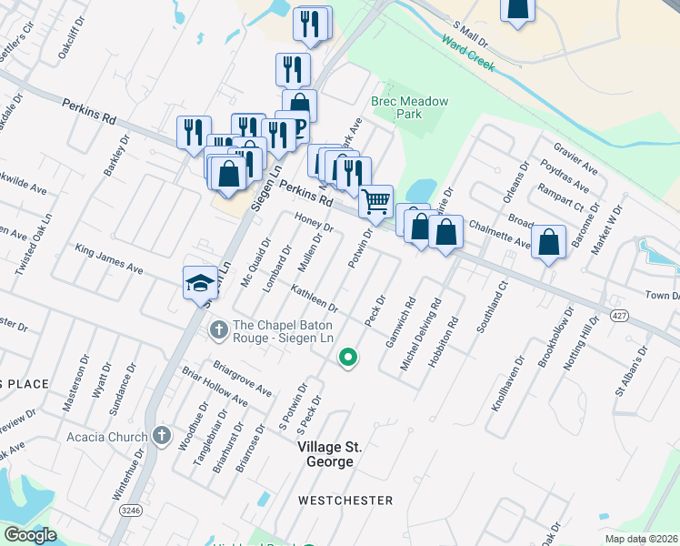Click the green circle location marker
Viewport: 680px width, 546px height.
coord(346,358)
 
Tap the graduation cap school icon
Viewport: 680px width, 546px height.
coord(200,283)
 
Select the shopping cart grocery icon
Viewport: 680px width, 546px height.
coord(375,201)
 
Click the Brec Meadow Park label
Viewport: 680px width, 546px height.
coord(409,107)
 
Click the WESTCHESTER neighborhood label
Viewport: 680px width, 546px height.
coord(345,500)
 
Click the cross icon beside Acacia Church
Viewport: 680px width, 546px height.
coord(162,437)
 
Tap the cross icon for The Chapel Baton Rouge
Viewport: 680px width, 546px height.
coord(217,329)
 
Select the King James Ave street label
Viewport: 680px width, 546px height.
coord(109,258)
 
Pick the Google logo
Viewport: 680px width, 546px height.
coord(31,535)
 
